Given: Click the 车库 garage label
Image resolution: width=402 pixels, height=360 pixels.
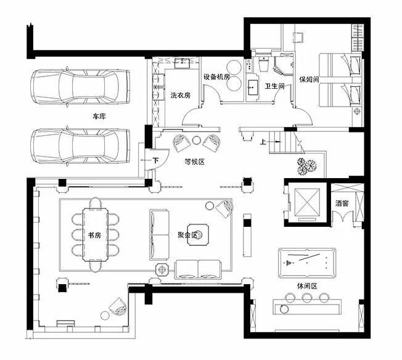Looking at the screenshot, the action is (99, 117).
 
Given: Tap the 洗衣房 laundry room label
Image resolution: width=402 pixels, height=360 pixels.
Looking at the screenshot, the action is (181, 96).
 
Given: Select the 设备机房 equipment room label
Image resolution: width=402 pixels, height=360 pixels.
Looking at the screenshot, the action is (216, 76).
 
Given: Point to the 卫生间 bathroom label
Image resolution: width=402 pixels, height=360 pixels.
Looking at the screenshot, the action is (274, 86).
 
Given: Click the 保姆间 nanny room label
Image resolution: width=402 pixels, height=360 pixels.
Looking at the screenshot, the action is (309, 80).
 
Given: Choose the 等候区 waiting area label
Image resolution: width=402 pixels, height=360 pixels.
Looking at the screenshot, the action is (195, 162).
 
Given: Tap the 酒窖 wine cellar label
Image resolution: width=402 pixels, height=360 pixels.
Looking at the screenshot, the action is (342, 203).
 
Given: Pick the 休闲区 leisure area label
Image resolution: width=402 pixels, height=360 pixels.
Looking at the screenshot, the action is (307, 286).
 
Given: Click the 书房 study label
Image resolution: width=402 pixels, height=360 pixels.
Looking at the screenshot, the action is (94, 235).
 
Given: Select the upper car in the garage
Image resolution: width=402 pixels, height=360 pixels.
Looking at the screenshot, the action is (80, 87).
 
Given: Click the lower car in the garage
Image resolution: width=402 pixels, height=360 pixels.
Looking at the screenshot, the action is (80, 146).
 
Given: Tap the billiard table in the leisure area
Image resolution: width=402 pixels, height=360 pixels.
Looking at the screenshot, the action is (307, 263).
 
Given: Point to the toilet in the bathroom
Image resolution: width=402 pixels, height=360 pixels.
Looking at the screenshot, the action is (264, 64).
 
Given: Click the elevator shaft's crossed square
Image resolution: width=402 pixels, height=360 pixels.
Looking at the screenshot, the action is (307, 203).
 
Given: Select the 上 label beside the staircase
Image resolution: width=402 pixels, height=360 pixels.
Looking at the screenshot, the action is (263, 142).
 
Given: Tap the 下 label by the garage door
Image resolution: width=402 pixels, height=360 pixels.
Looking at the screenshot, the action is (155, 160).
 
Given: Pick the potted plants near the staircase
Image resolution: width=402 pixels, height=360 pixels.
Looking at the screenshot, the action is (306, 166).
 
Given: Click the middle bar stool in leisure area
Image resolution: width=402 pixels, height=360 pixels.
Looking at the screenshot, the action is (306, 298).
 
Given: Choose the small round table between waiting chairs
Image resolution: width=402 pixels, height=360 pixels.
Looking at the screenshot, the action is (197, 140).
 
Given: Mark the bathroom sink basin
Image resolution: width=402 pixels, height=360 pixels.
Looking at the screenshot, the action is (253, 87).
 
